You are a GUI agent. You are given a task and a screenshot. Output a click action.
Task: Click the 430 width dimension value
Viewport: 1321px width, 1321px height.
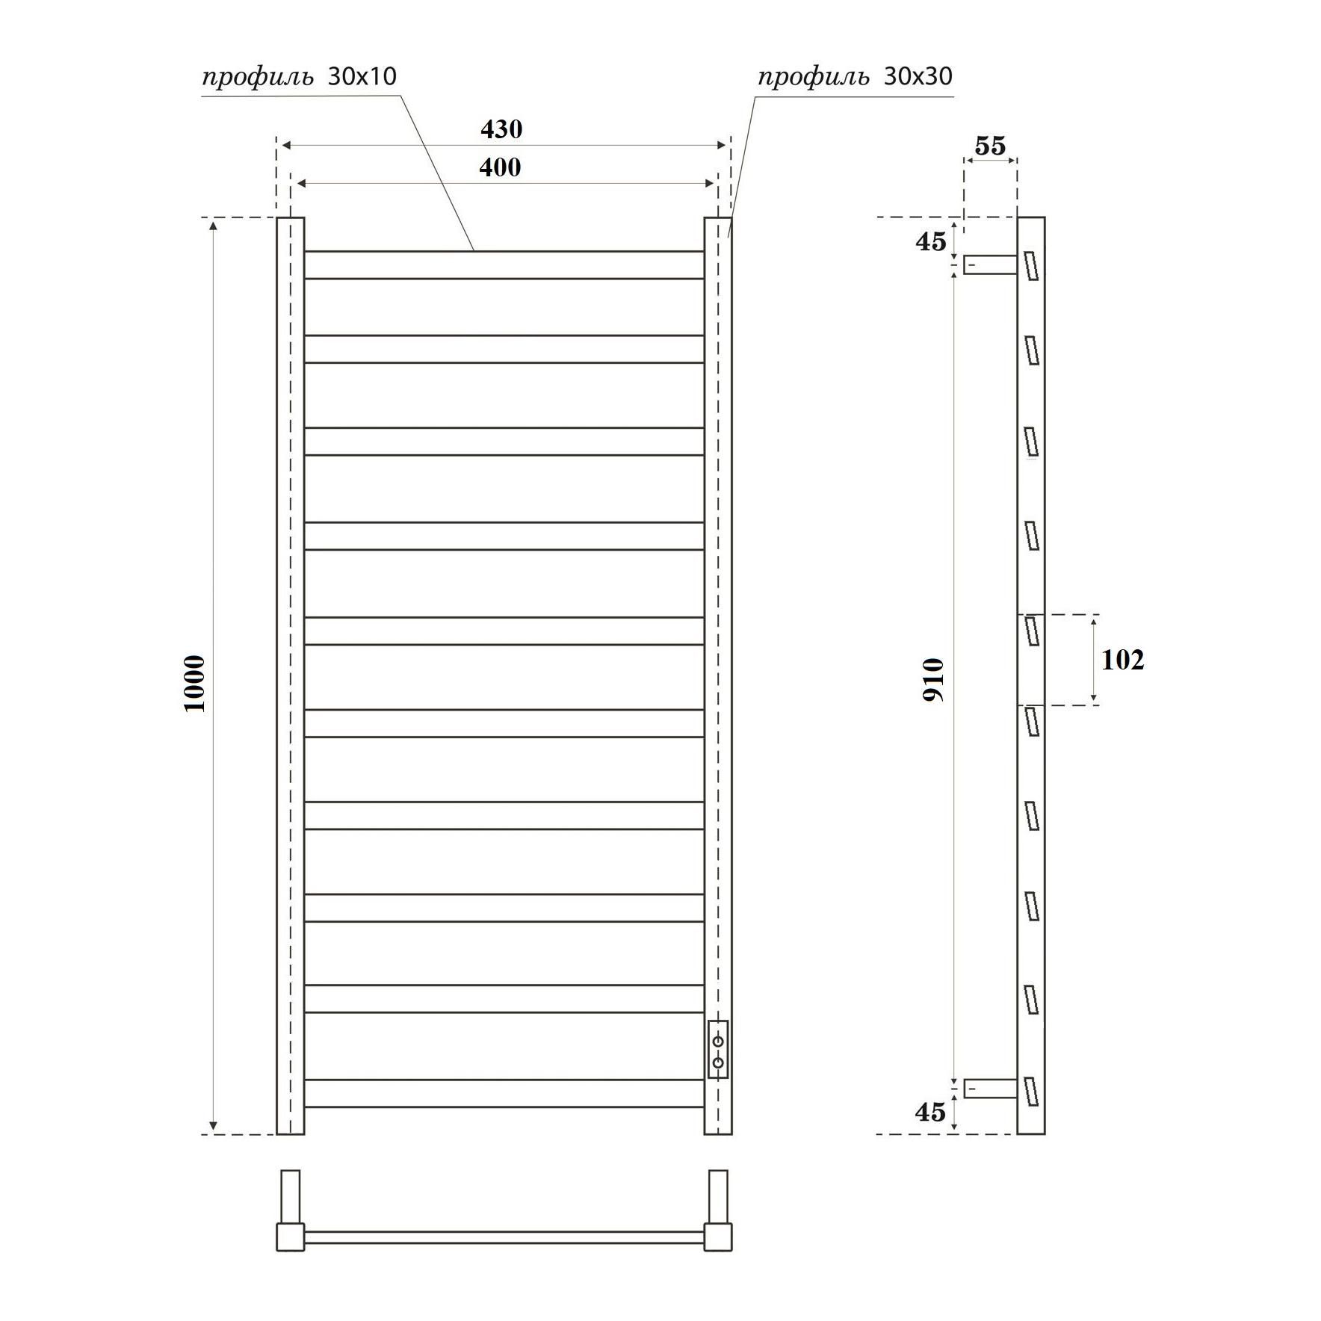coord(501,129)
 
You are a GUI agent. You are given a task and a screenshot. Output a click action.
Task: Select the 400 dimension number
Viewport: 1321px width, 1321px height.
coord(500,167)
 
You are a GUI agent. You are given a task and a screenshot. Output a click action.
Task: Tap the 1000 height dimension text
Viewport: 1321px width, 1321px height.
coord(194,684)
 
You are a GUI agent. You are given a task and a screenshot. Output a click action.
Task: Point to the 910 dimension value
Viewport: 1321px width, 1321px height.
coord(933,679)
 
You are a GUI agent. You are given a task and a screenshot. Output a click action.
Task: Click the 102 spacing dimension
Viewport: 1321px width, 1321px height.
coord(1122,660)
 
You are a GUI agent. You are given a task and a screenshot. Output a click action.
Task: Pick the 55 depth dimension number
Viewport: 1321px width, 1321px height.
coord(990,146)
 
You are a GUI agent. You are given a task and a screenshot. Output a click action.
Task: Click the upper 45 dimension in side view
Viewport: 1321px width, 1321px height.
coord(931,241)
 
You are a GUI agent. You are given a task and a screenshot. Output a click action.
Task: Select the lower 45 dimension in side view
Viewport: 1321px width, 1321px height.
coord(930,1112)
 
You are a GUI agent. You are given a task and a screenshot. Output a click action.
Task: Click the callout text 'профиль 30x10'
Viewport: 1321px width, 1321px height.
coord(300,77)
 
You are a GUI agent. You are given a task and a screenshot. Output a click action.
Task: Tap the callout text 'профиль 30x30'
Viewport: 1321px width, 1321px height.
coord(856,77)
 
